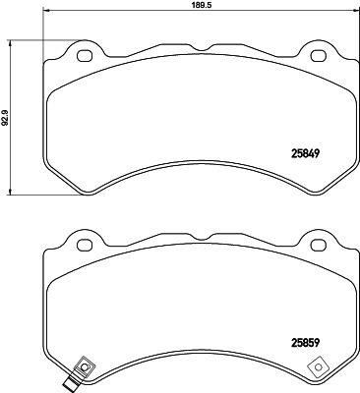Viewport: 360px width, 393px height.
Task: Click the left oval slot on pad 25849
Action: click(83, 55)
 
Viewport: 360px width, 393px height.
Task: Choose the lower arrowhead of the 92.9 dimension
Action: click(11, 193)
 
